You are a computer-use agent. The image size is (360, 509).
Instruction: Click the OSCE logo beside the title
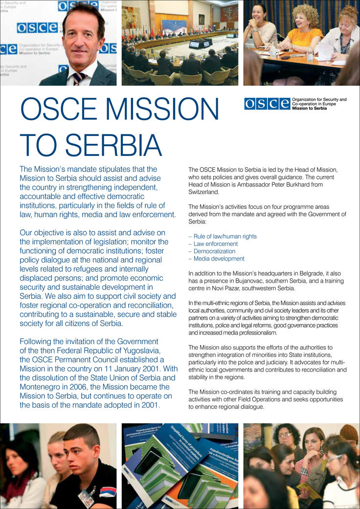[267, 104]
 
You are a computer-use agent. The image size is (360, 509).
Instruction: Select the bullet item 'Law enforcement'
[215, 243]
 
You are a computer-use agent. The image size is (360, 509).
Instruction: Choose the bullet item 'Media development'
[219, 259]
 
